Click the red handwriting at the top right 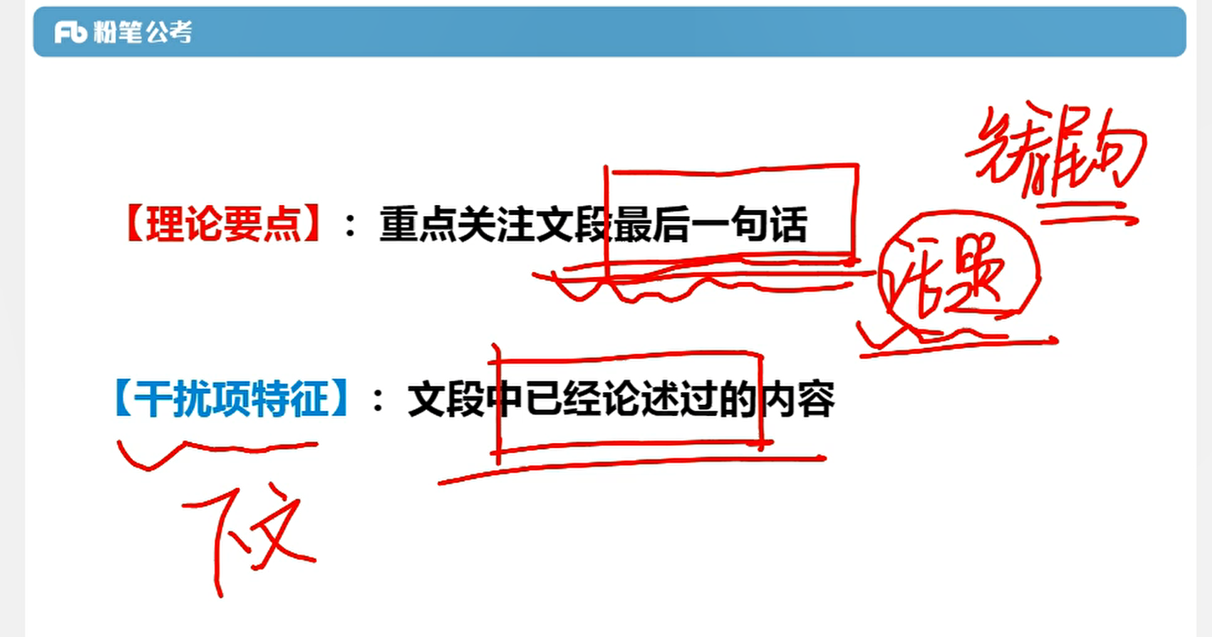click(1054, 157)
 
